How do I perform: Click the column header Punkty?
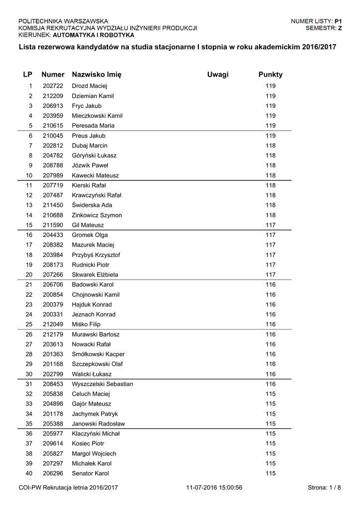click(x=270, y=75)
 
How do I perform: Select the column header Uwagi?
click(x=218, y=75)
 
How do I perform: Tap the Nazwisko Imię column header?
click(x=96, y=75)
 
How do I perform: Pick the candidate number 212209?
click(x=53, y=96)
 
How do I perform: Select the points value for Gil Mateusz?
click(x=270, y=225)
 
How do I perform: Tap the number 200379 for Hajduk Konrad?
click(x=53, y=305)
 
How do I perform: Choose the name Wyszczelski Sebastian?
click(x=102, y=384)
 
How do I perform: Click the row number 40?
click(x=29, y=473)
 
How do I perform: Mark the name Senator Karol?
click(x=90, y=473)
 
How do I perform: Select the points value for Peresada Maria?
click(x=270, y=126)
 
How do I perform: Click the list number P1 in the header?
click(x=338, y=21)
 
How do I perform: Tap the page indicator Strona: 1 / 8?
click(x=324, y=488)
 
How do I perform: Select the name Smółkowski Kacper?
click(x=98, y=354)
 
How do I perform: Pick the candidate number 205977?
click(x=53, y=433)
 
